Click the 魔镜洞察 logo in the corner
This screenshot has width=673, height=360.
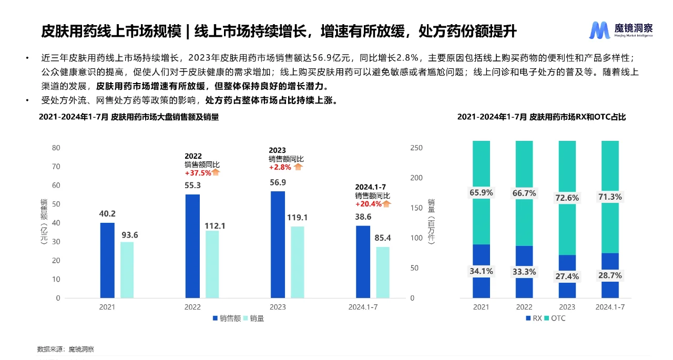pyautogui.click(x=620, y=30)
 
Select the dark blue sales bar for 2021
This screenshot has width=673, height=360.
pyautogui.click(x=107, y=260)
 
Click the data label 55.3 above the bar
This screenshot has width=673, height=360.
pyautogui.click(x=192, y=186)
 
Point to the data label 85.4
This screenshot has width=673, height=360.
pyautogui.click(x=382, y=238)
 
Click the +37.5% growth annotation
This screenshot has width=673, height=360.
pyautogui.click(x=198, y=172)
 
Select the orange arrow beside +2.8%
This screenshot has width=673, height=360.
pyautogui.click(x=298, y=167)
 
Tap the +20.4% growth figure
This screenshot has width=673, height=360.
pyautogui.click(x=368, y=204)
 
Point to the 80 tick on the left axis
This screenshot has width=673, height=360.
pyautogui.click(x=56, y=148)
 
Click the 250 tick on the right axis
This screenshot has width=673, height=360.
pyautogui.click(x=416, y=148)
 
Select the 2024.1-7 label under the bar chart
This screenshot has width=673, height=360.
pyautogui.click(x=363, y=307)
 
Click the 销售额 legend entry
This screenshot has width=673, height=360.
pyautogui.click(x=227, y=318)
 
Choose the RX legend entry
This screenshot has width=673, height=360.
pyautogui.click(x=533, y=318)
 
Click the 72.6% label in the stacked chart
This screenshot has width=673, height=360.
pyautogui.click(x=567, y=198)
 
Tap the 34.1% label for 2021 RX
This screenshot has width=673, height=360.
pyautogui.click(x=481, y=271)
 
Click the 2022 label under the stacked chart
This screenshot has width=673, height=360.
pyautogui.click(x=524, y=307)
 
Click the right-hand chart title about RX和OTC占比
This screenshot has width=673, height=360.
pyautogui.click(x=542, y=117)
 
